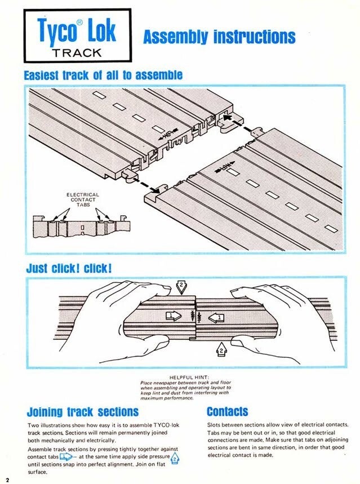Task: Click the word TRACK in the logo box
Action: [77, 53]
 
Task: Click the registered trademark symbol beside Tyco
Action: [79, 23]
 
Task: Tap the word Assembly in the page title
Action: [175, 37]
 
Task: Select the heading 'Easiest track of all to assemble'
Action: [103, 75]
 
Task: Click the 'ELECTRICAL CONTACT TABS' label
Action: [83, 199]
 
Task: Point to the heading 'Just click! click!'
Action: [69, 268]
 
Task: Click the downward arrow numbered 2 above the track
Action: [181, 287]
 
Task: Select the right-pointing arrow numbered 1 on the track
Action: [174, 316]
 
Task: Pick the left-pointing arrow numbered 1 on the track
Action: [216, 318]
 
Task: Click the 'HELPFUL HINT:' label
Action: [189, 377]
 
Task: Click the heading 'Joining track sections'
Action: [83, 412]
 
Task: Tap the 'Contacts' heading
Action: [227, 411]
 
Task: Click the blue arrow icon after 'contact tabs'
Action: [66, 456]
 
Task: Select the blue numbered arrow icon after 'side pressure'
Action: [175, 459]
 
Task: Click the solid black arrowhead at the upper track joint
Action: [228, 118]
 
